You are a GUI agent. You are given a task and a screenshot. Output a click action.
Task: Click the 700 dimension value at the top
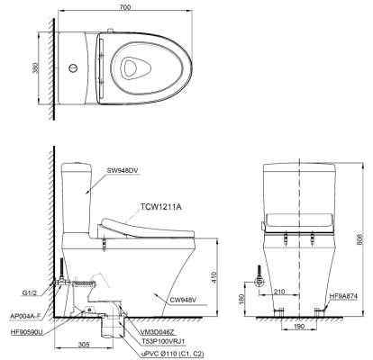point(125,7)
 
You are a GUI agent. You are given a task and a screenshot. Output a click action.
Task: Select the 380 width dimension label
point(36,68)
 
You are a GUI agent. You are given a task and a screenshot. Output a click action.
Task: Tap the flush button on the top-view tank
point(73,68)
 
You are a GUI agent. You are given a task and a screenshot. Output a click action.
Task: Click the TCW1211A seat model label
point(161,207)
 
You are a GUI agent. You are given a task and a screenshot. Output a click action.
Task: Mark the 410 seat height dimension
point(214,277)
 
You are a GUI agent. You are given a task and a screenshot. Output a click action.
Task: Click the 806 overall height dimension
point(360,239)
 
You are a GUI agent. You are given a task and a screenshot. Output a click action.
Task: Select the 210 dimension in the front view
point(279,292)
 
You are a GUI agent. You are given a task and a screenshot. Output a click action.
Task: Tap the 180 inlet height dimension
point(242,298)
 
